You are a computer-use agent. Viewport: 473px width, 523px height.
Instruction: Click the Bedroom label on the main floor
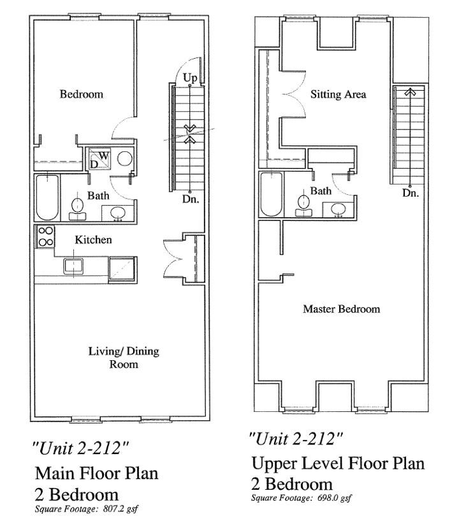pos(82,94)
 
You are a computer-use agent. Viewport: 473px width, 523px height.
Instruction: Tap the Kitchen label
pos(93,239)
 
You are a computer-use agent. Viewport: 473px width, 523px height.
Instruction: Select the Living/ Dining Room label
pos(124,357)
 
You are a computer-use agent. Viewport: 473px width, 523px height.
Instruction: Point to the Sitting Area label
pos(338,95)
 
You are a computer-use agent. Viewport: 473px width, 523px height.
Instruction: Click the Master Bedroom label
pos(342,308)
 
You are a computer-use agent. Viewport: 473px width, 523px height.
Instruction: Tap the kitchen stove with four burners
pos(45,236)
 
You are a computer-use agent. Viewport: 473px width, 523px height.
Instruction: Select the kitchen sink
pos(73,266)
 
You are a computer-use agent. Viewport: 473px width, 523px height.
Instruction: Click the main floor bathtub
pos(48,197)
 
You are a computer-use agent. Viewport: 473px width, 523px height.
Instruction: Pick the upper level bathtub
pos(272,194)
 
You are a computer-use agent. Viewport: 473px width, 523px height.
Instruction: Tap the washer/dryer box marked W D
pos(99,160)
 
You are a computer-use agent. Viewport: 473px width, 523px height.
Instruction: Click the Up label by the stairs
pos(190,78)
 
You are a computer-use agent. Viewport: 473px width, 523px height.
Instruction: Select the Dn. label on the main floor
pos(191,199)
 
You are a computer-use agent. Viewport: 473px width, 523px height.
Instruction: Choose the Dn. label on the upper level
pos(411,193)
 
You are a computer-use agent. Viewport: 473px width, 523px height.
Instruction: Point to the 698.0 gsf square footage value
pos(334,498)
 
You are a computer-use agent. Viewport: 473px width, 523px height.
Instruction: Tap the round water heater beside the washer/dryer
pos(125,158)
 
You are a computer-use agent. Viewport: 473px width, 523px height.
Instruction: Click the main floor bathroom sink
pos(117,213)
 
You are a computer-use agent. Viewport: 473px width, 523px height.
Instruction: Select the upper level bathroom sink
pos(339,209)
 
